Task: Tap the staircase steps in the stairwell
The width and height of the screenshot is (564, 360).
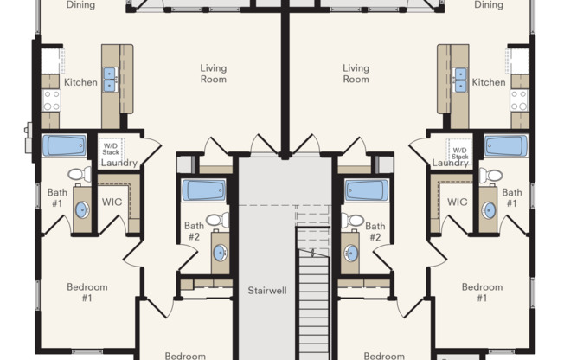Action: [x=314, y=286]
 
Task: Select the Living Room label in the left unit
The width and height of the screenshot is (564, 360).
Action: [x=213, y=74]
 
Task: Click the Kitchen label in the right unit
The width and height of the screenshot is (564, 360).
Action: [x=488, y=82]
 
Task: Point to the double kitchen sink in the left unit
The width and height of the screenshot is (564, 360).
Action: [x=111, y=80]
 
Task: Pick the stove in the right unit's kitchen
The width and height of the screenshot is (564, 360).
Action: [x=518, y=100]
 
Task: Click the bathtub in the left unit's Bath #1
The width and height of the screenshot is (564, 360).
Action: [x=64, y=145]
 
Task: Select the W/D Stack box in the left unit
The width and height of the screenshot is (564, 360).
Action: [x=111, y=147]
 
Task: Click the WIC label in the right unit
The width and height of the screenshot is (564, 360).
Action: [x=457, y=202]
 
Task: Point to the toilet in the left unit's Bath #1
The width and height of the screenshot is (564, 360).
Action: [x=79, y=175]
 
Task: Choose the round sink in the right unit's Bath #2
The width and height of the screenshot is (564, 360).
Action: [x=351, y=253]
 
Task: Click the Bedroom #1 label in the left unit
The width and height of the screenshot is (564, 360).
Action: [x=87, y=292]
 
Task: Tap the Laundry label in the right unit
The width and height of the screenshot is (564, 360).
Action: [x=450, y=163]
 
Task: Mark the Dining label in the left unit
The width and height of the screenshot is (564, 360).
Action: [x=80, y=5]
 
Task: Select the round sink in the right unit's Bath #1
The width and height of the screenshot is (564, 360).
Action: [x=489, y=209]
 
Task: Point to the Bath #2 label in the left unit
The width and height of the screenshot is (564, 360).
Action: [x=194, y=232]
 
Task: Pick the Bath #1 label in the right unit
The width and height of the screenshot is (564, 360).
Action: [x=512, y=198]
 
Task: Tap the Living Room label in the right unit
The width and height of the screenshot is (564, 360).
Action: [x=356, y=74]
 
